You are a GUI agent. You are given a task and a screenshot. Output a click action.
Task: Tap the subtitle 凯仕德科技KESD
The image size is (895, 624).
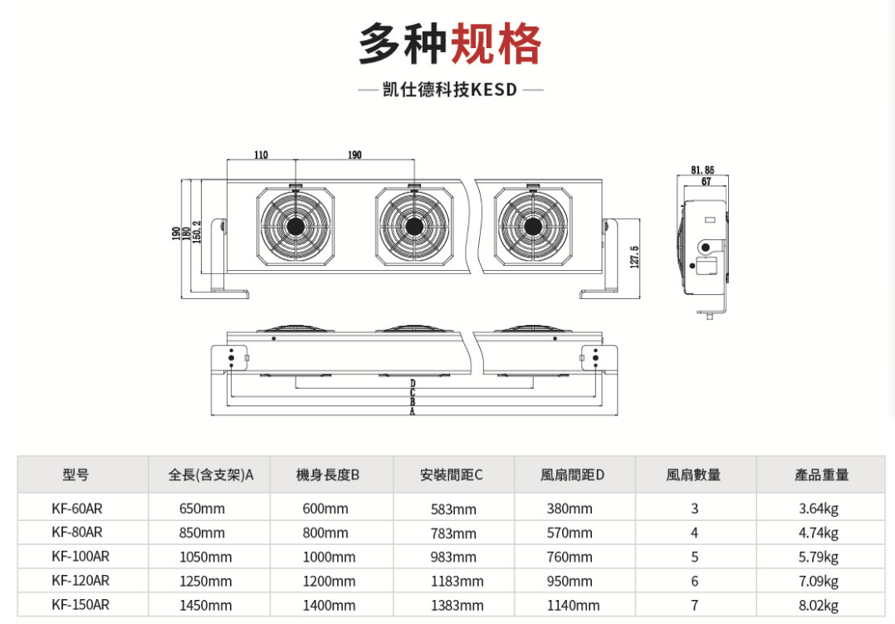tap(450, 90)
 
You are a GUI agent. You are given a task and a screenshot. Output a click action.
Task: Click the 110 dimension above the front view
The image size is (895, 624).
tap(261, 155)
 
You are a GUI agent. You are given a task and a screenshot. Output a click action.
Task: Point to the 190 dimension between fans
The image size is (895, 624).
tap(355, 155)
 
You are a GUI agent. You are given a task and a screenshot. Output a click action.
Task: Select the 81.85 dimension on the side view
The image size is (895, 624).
tap(702, 170)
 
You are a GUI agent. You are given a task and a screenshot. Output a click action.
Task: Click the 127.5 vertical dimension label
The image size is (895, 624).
tap(635, 257)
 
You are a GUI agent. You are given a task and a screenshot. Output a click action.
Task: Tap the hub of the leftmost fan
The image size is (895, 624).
tap(295, 226)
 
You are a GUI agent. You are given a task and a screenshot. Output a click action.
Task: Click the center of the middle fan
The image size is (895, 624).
tap(413, 226)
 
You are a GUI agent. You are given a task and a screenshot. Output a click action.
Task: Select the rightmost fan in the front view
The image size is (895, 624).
tap(532, 226)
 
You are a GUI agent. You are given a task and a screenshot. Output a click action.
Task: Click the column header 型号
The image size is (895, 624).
tap(75, 475)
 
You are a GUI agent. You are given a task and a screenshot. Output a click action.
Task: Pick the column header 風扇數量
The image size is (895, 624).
tap(693, 475)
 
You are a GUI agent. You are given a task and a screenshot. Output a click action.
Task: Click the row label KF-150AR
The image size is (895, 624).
tap(81, 605)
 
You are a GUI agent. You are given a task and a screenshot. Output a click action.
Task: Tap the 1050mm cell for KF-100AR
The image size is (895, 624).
tap(205, 557)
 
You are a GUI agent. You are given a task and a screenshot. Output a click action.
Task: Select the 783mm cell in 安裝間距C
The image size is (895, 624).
tap(453, 533)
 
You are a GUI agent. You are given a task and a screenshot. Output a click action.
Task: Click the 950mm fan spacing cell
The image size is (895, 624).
tap(570, 581)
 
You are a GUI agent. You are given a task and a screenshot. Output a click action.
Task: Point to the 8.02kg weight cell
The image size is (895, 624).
tap(819, 605)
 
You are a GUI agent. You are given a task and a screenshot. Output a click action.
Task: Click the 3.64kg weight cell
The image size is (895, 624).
tap(819, 508)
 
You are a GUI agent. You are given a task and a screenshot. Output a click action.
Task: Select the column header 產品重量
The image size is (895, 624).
tap(821, 475)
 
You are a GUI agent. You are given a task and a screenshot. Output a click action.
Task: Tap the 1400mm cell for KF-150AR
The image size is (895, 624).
tap(329, 605)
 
